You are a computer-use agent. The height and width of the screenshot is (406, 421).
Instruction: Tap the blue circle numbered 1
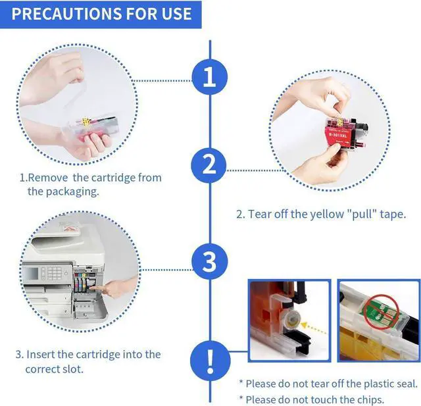point(210,77)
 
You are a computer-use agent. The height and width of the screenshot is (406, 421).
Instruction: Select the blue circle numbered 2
point(209,165)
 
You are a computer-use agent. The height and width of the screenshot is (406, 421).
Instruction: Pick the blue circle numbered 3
point(210,261)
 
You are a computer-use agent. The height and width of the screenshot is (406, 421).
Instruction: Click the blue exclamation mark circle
point(210,361)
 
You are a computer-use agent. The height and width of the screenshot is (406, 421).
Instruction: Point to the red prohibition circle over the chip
point(382,312)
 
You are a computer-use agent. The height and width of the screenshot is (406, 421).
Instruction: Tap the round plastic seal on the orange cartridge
point(291,319)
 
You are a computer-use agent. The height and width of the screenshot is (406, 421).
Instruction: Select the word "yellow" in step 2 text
point(327,215)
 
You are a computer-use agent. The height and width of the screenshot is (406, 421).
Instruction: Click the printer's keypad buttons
point(55,273)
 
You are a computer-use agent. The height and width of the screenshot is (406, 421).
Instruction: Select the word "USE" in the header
point(176,14)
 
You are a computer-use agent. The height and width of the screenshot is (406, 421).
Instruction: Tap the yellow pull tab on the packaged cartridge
point(86,121)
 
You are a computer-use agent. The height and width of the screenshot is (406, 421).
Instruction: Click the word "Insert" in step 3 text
point(41,355)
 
